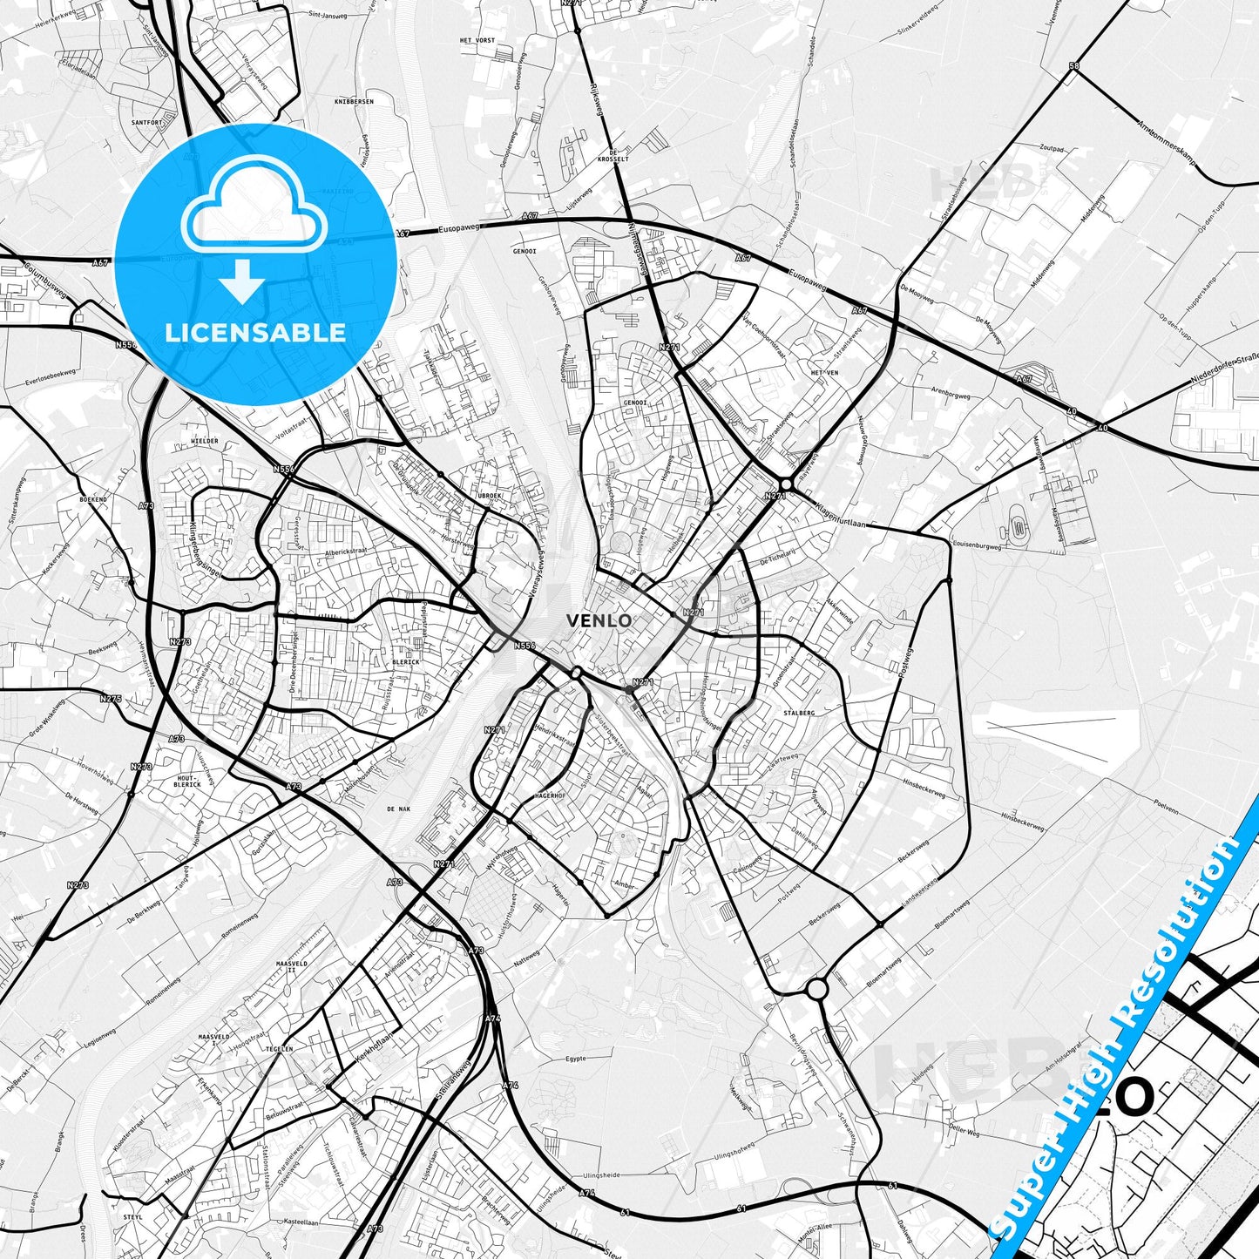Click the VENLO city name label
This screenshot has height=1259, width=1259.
[x=599, y=621]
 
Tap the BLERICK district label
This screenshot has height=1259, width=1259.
[x=406, y=661]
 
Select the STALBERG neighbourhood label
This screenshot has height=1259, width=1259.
[x=799, y=713]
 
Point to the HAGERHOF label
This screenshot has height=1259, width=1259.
[x=550, y=795]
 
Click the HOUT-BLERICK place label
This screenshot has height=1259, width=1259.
[x=188, y=781]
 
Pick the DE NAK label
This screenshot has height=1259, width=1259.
[x=398, y=809]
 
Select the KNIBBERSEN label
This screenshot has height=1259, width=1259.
[x=354, y=101]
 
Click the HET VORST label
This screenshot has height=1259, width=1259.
[x=477, y=40]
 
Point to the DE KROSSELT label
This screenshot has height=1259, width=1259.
[x=619, y=154]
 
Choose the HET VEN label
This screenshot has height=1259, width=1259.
[x=823, y=372]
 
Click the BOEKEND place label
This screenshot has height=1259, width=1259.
[x=92, y=499]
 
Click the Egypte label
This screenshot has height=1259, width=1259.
[x=577, y=1059]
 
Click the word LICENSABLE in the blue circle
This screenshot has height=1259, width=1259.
[x=255, y=332]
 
